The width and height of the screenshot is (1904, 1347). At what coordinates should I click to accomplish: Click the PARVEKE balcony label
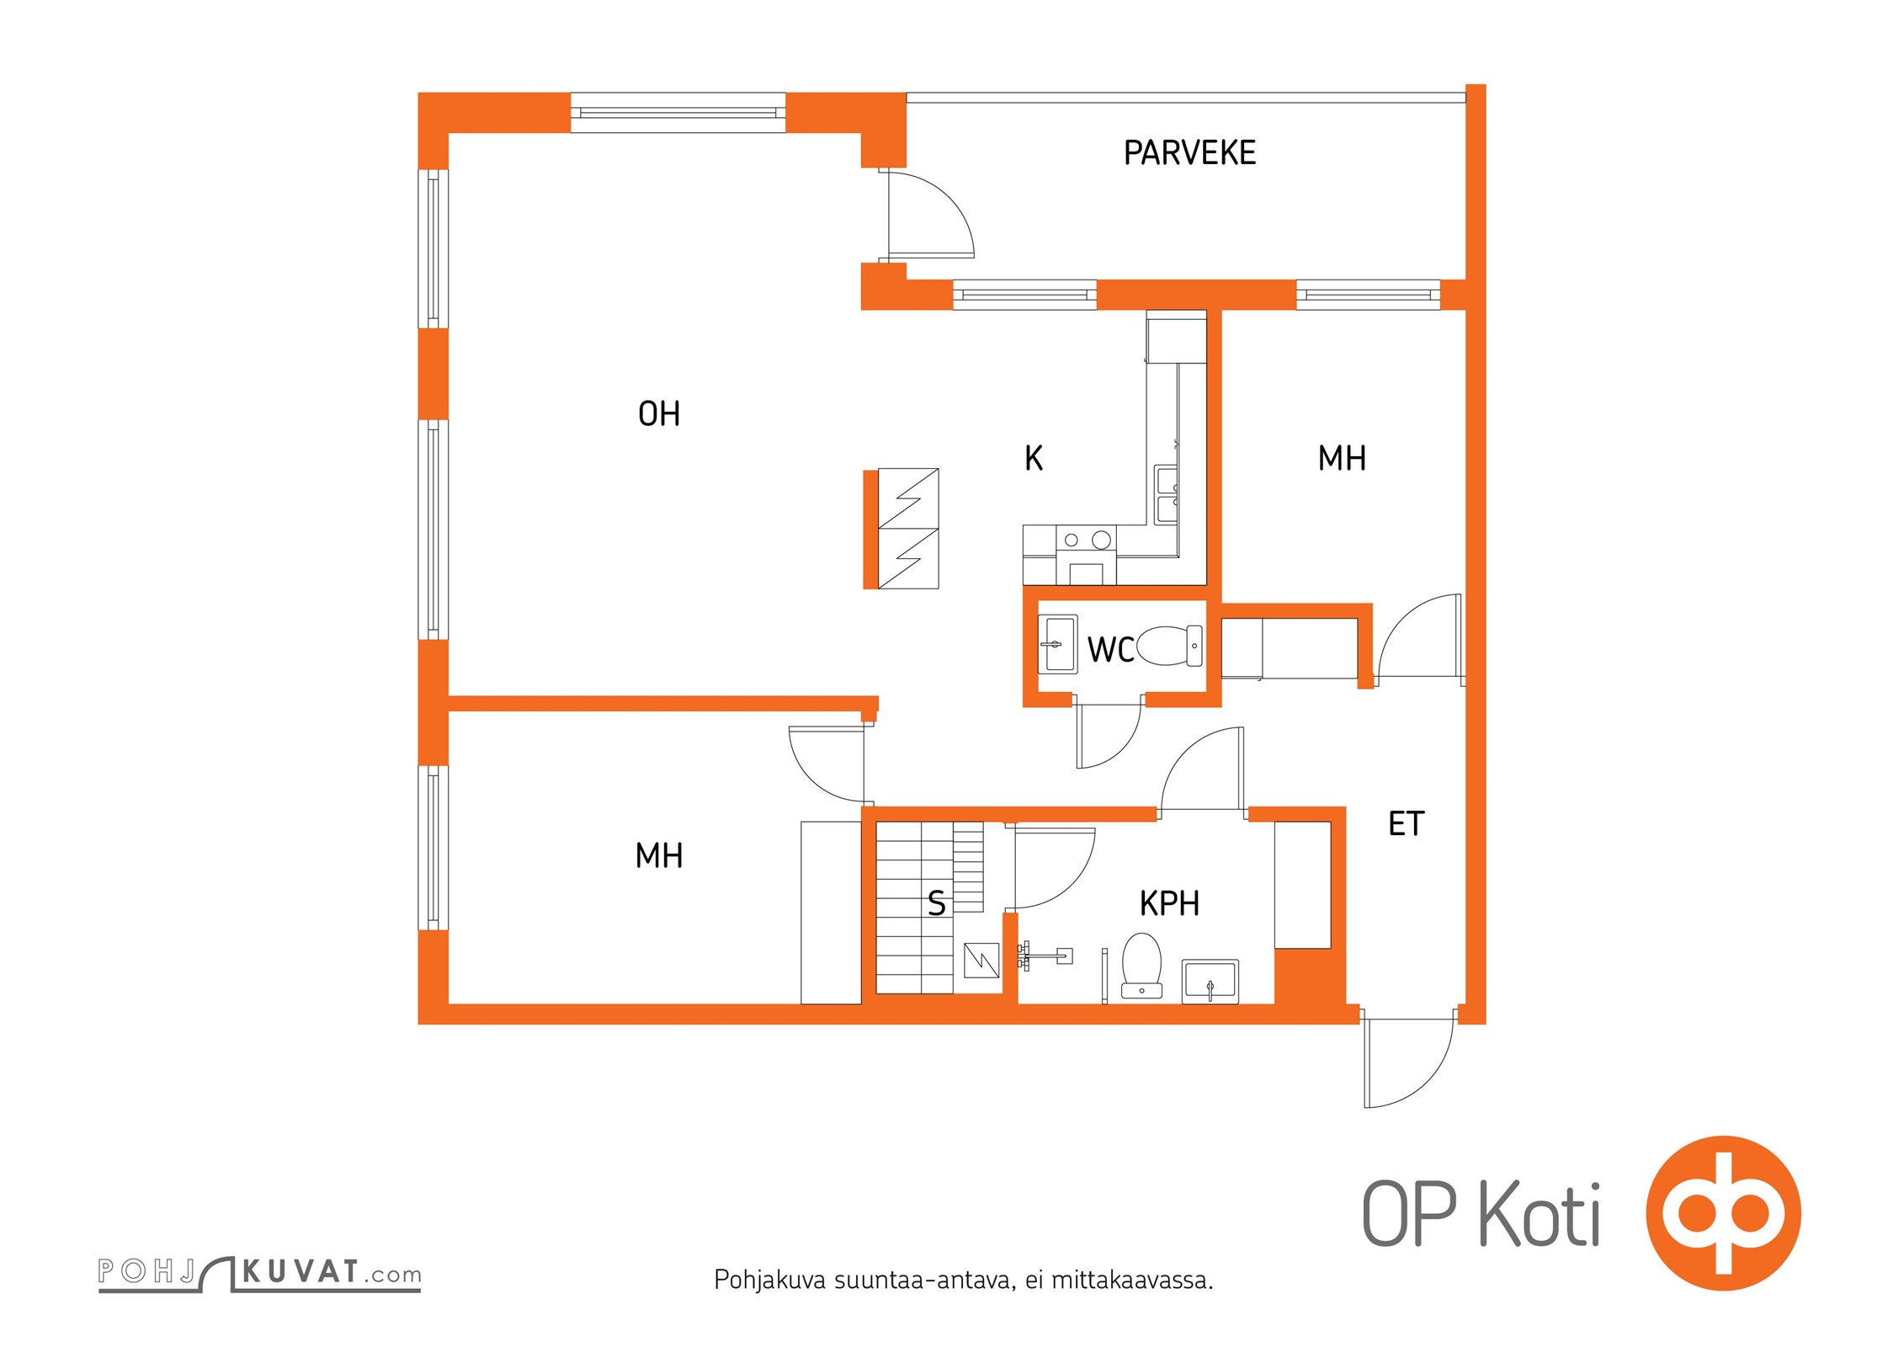tap(1189, 153)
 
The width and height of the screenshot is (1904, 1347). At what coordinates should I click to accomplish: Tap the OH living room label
tap(659, 414)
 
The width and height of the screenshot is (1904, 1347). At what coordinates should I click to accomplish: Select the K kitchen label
tap(1034, 459)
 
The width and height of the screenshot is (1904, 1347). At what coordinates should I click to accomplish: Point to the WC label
tap(1110, 650)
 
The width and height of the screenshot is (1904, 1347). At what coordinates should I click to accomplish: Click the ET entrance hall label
tap(1406, 824)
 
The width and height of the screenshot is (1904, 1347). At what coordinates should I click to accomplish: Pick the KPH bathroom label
tap(1169, 903)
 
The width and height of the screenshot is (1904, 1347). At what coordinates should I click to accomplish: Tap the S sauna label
tap(936, 903)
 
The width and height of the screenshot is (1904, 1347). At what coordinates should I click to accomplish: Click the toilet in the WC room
tap(1169, 647)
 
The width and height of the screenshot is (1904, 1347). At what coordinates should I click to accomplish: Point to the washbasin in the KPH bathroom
tap(1210, 982)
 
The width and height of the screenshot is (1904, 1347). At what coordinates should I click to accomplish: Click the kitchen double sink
tap(1167, 494)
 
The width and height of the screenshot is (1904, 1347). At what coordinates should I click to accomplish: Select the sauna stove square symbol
tap(981, 960)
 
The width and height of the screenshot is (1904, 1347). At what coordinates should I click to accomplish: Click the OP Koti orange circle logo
tap(1723, 1213)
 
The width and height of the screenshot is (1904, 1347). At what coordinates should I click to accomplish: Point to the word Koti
tap(1540, 1214)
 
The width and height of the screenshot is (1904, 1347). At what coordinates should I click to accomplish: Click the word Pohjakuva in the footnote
tap(770, 1280)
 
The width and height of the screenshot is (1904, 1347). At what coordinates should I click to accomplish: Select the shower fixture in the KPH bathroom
tap(1045, 956)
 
